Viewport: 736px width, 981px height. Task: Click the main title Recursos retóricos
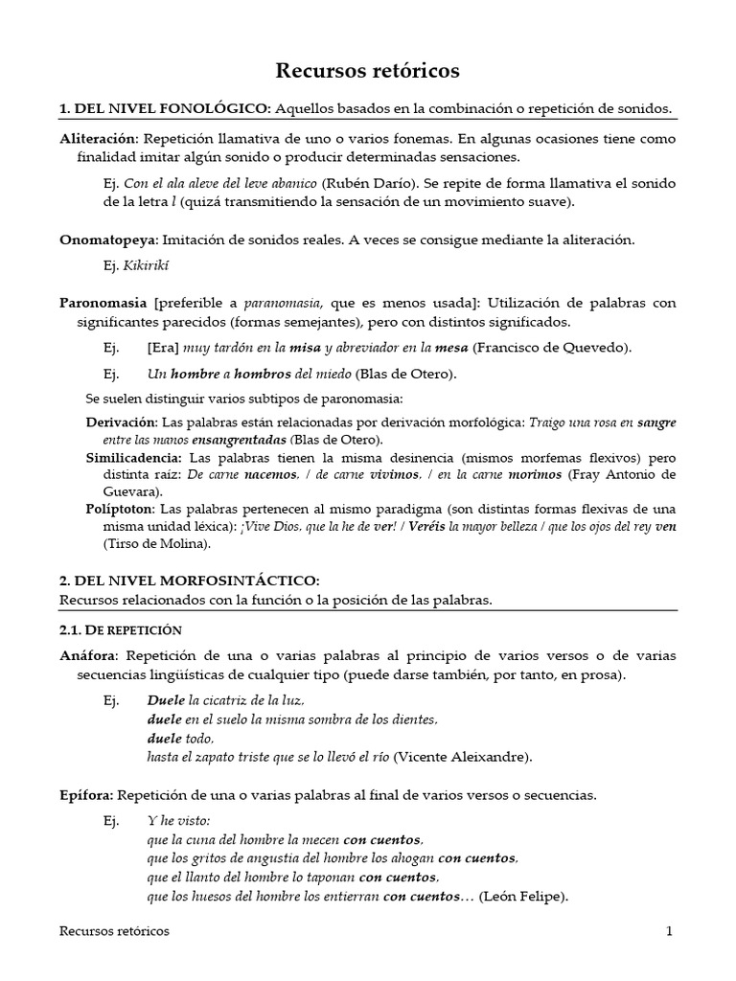point(368,70)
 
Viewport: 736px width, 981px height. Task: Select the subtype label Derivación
point(121,422)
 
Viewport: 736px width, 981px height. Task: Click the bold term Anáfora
point(88,656)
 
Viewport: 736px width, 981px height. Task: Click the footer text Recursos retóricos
point(114,930)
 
